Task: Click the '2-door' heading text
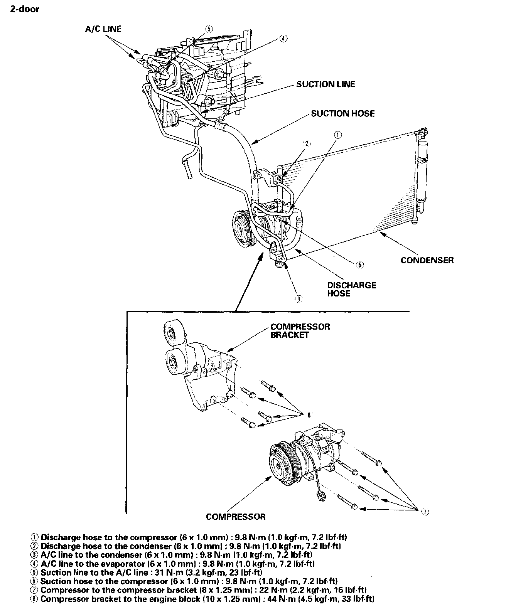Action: [x=24, y=9]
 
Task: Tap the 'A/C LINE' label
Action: [x=103, y=29]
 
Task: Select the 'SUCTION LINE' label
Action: [x=326, y=84]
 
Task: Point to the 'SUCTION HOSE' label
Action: [x=342, y=113]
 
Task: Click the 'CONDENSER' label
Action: [x=427, y=260]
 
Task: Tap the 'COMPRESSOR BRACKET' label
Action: [x=300, y=331]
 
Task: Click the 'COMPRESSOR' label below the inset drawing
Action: [x=236, y=517]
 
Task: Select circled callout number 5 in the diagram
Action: [x=208, y=29]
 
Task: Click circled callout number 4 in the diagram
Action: [x=283, y=39]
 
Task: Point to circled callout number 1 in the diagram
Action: [x=337, y=135]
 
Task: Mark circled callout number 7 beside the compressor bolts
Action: [x=424, y=512]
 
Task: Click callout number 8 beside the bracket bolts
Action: [x=309, y=415]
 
